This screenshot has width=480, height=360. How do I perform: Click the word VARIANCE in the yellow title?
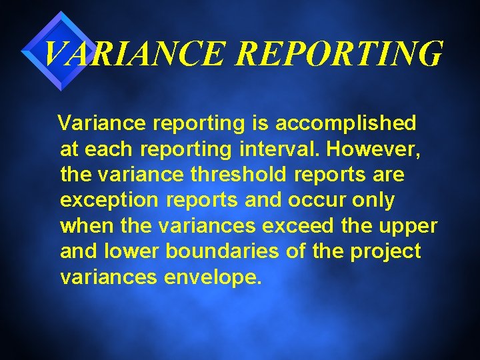point(134,53)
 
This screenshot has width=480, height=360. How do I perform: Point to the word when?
point(87,226)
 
